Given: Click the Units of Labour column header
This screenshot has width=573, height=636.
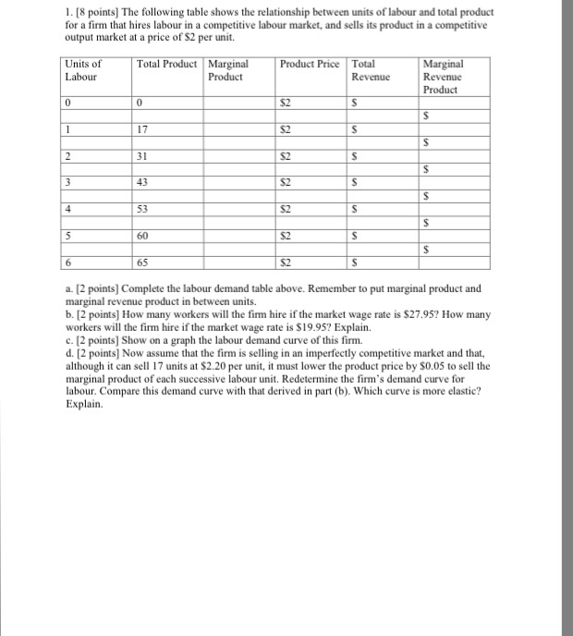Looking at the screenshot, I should pyautogui.click(x=82, y=70).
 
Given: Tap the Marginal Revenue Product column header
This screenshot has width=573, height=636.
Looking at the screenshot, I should pyautogui.click(x=442, y=77).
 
